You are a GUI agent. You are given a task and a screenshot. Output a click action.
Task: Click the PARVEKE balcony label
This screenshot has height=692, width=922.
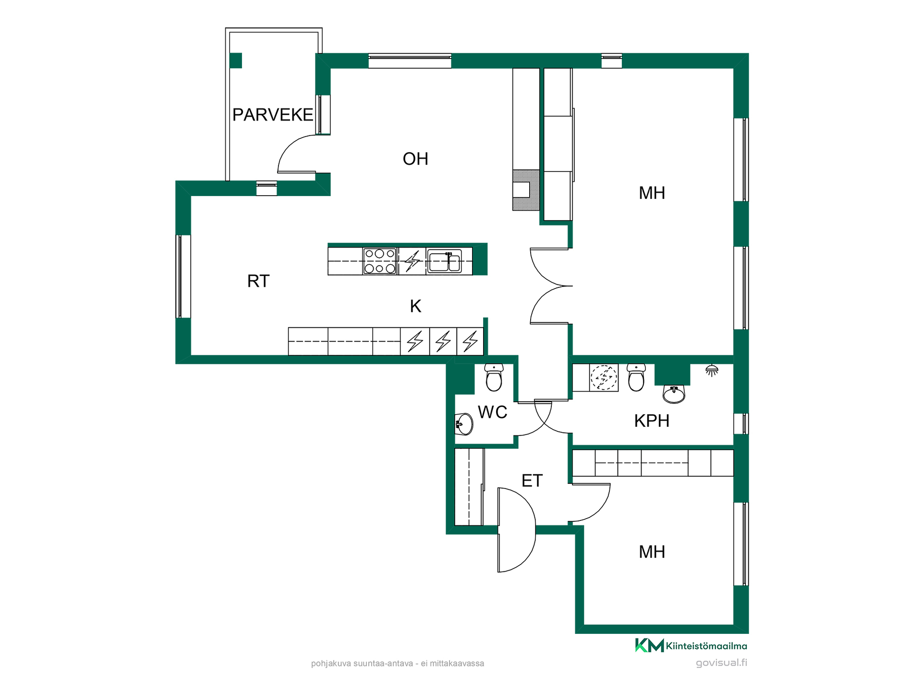tap(273, 115)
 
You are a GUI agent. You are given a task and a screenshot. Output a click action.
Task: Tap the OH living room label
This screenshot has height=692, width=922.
tap(415, 159)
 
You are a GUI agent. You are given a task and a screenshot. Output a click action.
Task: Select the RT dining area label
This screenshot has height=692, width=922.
tap(258, 281)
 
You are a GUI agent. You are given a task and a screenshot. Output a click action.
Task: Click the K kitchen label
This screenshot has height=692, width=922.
tap(415, 306)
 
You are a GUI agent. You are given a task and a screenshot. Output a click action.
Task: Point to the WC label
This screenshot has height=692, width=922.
tap(493, 412)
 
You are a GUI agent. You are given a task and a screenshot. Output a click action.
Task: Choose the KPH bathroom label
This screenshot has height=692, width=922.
tap(652, 421)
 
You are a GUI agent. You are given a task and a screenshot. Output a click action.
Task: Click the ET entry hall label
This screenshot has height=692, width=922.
tap(532, 481)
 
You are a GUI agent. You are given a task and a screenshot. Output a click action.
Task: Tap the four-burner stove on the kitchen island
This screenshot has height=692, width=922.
tap(380, 261)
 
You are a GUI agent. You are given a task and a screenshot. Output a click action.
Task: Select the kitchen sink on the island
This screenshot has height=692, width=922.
tap(444, 261)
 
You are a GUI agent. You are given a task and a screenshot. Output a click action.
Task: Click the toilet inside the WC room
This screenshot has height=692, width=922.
tap(494, 377)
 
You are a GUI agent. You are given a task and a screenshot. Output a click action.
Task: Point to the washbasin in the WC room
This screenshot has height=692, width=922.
tap(464, 424)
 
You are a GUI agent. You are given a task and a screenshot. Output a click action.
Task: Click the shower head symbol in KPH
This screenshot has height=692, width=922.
tap(712, 370)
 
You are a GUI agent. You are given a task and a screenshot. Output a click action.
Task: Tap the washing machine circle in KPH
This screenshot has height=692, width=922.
tap(604, 377)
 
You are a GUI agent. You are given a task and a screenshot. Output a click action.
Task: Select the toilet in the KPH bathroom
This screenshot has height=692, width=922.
tap(636, 377)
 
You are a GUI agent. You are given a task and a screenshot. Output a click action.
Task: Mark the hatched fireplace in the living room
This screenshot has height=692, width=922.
tap(526, 190)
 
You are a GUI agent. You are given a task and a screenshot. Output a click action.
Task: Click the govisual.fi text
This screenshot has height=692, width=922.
tap(721, 663)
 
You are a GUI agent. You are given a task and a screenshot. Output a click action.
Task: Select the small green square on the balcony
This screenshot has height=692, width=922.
tap(235, 61)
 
